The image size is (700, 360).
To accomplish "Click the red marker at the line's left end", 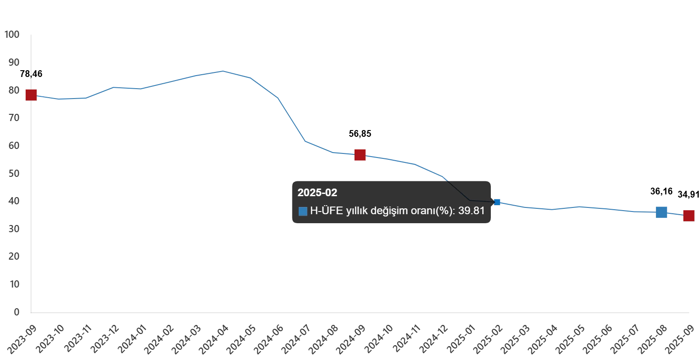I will tap(31, 95).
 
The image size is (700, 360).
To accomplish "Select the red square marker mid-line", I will tap(360, 155).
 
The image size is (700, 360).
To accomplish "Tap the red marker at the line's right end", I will tap(688, 216).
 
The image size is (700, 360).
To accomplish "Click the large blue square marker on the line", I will tap(661, 212).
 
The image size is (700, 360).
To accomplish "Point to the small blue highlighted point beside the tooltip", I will tap(497, 202).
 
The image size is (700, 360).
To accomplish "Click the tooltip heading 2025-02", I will tap(317, 193).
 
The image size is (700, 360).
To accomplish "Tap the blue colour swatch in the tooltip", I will tap(303, 211).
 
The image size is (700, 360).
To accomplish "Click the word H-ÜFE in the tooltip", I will tap(326, 211).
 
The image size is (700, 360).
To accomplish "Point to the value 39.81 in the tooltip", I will tap(471, 211).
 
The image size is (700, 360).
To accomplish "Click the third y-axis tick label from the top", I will tap(13, 90).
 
